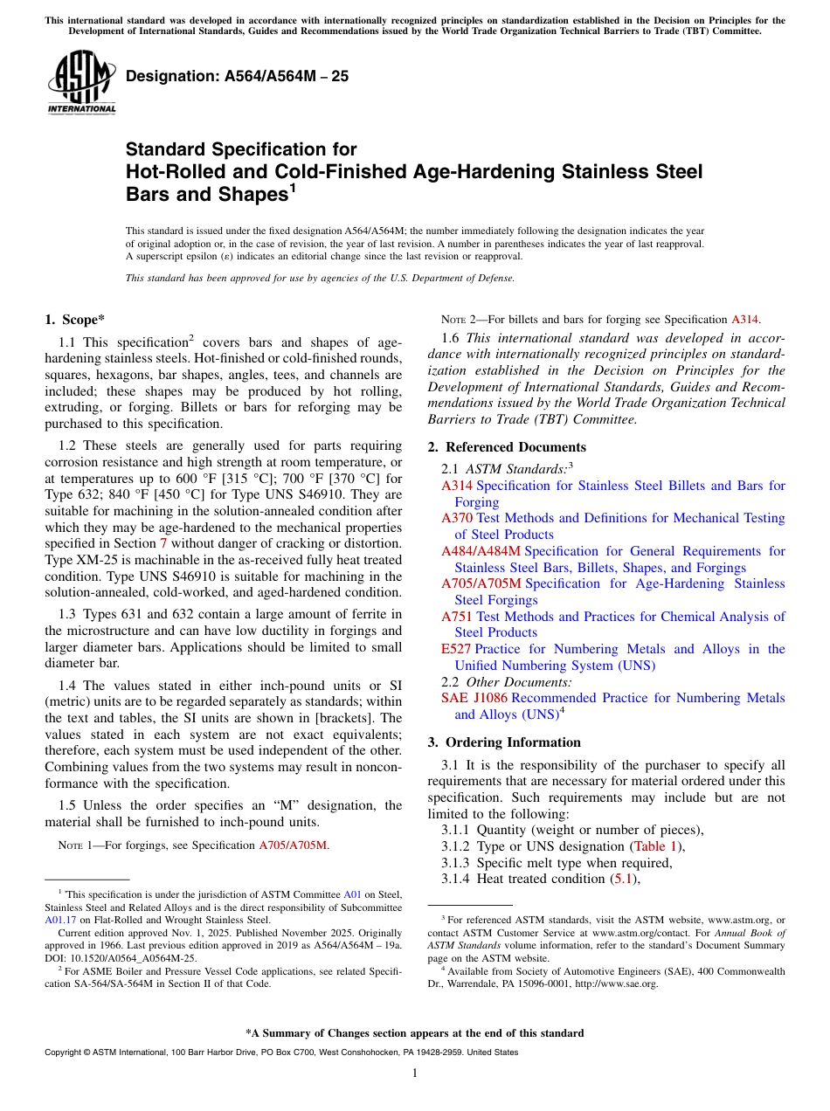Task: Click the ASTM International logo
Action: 80,84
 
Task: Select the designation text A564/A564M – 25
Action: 237,76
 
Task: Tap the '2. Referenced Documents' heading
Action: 507,447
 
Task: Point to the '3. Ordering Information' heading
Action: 504,742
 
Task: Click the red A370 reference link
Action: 457,518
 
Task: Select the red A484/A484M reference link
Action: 481,551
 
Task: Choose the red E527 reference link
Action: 456,649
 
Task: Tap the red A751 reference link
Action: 457,617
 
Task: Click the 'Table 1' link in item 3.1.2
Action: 654,846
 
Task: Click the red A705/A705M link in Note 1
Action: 294,845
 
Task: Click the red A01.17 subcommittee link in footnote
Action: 59,919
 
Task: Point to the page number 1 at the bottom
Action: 415,1073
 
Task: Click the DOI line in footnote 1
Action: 121,956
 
